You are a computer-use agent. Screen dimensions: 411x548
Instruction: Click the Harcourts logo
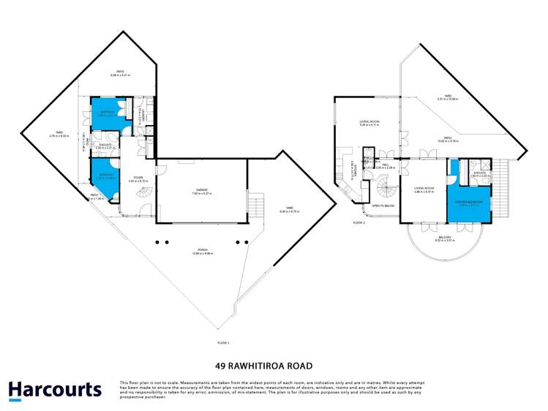(x=55, y=390)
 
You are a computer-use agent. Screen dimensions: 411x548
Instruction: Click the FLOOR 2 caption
(x=359, y=222)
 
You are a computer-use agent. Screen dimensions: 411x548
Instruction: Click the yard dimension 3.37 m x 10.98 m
(x=447, y=99)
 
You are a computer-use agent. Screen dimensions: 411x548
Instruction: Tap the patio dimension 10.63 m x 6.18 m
(x=448, y=141)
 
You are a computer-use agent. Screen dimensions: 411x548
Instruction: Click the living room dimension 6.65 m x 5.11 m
(x=368, y=125)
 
